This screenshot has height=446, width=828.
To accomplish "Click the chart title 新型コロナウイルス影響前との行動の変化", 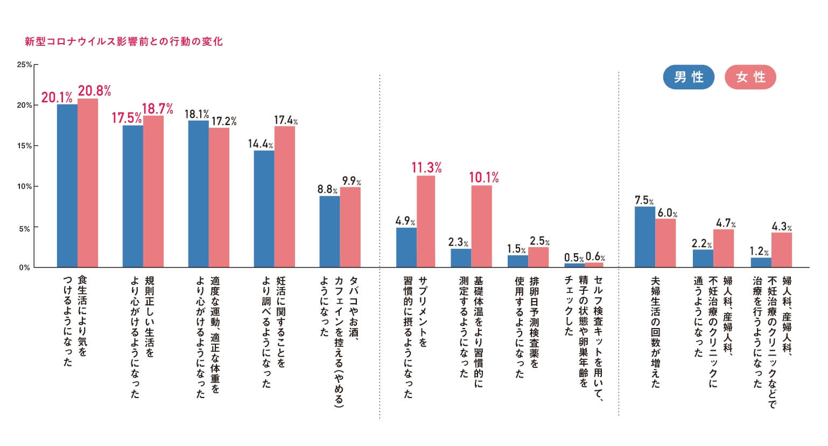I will click(123, 41).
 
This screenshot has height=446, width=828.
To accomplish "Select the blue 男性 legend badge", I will click(689, 77).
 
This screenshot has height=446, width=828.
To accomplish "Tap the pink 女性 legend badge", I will click(750, 77).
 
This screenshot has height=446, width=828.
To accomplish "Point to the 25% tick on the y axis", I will click(24, 65).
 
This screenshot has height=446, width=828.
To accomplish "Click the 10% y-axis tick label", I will click(24, 186).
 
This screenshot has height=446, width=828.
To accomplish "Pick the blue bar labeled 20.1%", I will click(67, 185).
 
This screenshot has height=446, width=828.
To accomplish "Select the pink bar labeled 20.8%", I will click(88, 183).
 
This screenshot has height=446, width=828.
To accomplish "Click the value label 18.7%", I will click(157, 109).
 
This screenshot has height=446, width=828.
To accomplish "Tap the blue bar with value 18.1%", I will click(198, 193).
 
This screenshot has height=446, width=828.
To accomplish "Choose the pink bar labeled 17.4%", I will click(285, 197).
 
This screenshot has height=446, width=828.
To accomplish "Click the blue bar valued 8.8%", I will click(329, 232).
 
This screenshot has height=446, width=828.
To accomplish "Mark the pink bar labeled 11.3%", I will click(426, 221).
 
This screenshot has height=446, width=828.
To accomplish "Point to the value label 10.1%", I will click(483, 177).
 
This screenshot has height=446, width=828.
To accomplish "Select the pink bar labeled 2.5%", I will click(538, 257).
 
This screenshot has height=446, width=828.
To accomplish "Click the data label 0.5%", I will click(574, 258).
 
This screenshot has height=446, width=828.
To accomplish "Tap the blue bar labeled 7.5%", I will click(644, 236).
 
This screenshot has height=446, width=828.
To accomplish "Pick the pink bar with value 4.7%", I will click(724, 248).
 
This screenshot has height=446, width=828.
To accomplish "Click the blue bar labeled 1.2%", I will click(761, 262).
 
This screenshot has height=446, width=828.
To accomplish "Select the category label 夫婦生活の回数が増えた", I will click(655, 332).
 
